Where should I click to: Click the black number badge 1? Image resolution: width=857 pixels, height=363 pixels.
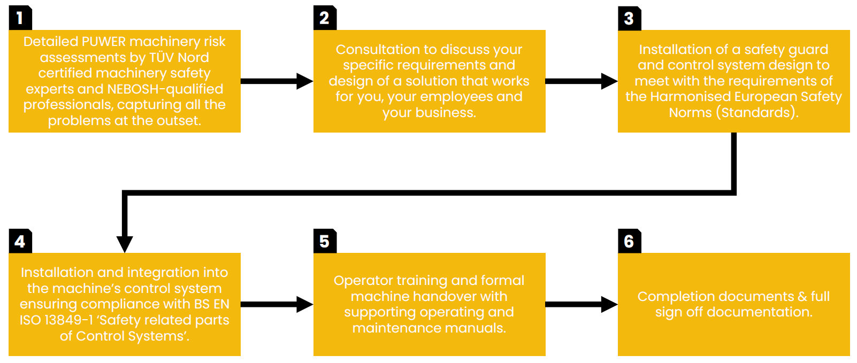[20, 18]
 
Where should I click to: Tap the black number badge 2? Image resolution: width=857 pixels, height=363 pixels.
[325, 18]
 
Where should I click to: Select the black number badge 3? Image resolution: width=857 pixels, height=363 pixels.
[629, 18]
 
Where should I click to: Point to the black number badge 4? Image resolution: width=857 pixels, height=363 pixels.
[20, 241]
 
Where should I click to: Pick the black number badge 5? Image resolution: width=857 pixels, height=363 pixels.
[325, 241]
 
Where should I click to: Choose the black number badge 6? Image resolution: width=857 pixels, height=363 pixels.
[629, 241]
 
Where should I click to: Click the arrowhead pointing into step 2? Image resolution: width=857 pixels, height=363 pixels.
[305, 81]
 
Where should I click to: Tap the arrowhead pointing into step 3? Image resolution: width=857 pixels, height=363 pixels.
[609, 81]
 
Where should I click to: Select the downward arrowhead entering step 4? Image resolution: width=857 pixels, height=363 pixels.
[125, 244]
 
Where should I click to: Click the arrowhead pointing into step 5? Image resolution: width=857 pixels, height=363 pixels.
[305, 305]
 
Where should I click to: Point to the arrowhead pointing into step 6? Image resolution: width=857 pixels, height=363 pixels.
[609, 305]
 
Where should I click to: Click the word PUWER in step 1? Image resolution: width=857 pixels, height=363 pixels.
[104, 42]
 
